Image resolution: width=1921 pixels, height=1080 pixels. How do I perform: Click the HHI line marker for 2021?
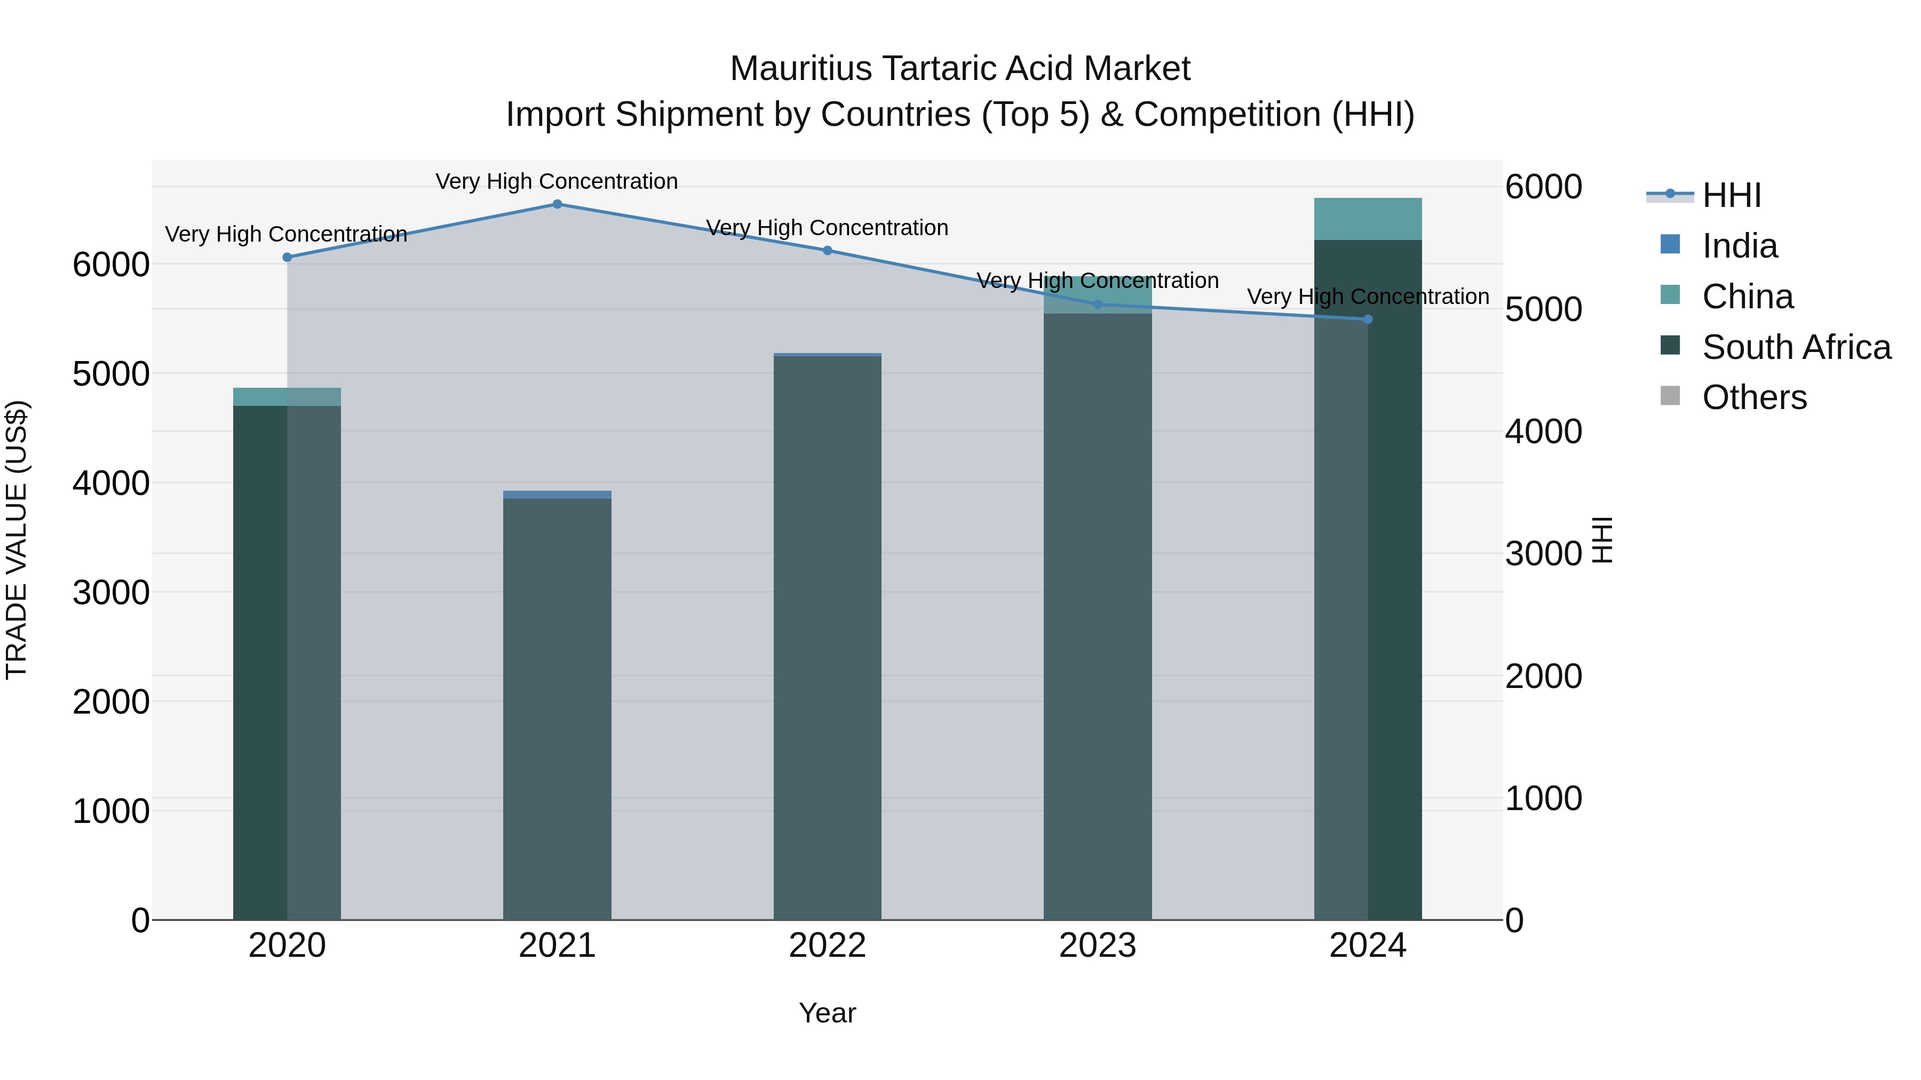pos(557,204)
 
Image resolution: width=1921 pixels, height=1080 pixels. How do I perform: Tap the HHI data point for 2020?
pos(287,257)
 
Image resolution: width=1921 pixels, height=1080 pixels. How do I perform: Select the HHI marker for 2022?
pos(827,251)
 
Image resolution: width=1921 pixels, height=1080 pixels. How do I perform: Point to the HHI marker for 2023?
pos(1097,304)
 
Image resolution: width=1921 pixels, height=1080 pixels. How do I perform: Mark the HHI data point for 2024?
pos(1368,319)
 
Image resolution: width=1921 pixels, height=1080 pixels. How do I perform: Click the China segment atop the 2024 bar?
pos(1368,219)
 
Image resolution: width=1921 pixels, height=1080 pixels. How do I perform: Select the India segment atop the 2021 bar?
pos(557,495)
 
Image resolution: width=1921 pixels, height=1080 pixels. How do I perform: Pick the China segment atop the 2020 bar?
pos(287,396)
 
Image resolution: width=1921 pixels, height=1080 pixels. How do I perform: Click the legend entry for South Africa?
pos(1796,347)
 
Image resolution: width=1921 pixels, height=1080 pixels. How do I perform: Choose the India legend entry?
pos(1739,246)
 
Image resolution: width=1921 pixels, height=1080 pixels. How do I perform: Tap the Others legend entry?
pos(1754,397)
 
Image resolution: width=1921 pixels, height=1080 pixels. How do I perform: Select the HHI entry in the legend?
pos(1732,195)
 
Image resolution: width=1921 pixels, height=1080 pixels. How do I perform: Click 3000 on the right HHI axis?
pos(1543,554)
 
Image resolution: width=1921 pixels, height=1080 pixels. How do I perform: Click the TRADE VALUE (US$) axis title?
pos(17,540)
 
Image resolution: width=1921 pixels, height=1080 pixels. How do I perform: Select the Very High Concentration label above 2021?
pos(557,181)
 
